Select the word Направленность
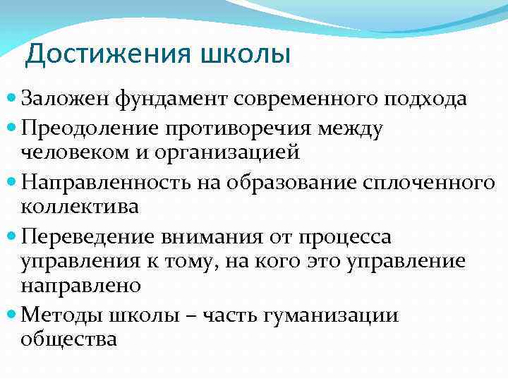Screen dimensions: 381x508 (x=103, y=183)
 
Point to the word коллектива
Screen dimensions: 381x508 (x=80, y=206)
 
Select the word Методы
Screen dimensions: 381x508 (x=60, y=315)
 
